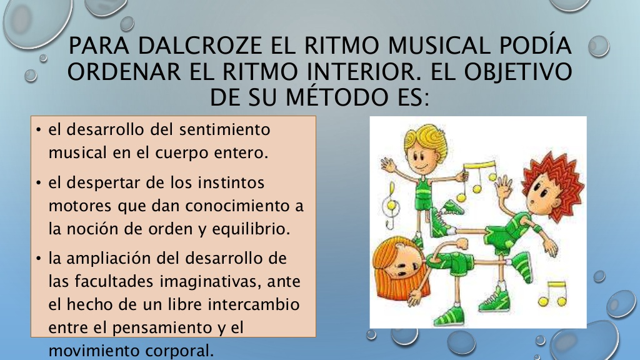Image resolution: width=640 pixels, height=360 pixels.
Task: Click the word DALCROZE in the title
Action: [x=187, y=47]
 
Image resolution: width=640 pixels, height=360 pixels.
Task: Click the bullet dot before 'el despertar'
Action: [x=39, y=184]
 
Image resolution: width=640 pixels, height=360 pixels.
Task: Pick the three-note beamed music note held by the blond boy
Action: [x=478, y=178]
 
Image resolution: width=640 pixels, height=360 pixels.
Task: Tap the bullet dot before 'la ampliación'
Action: [x=39, y=257]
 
